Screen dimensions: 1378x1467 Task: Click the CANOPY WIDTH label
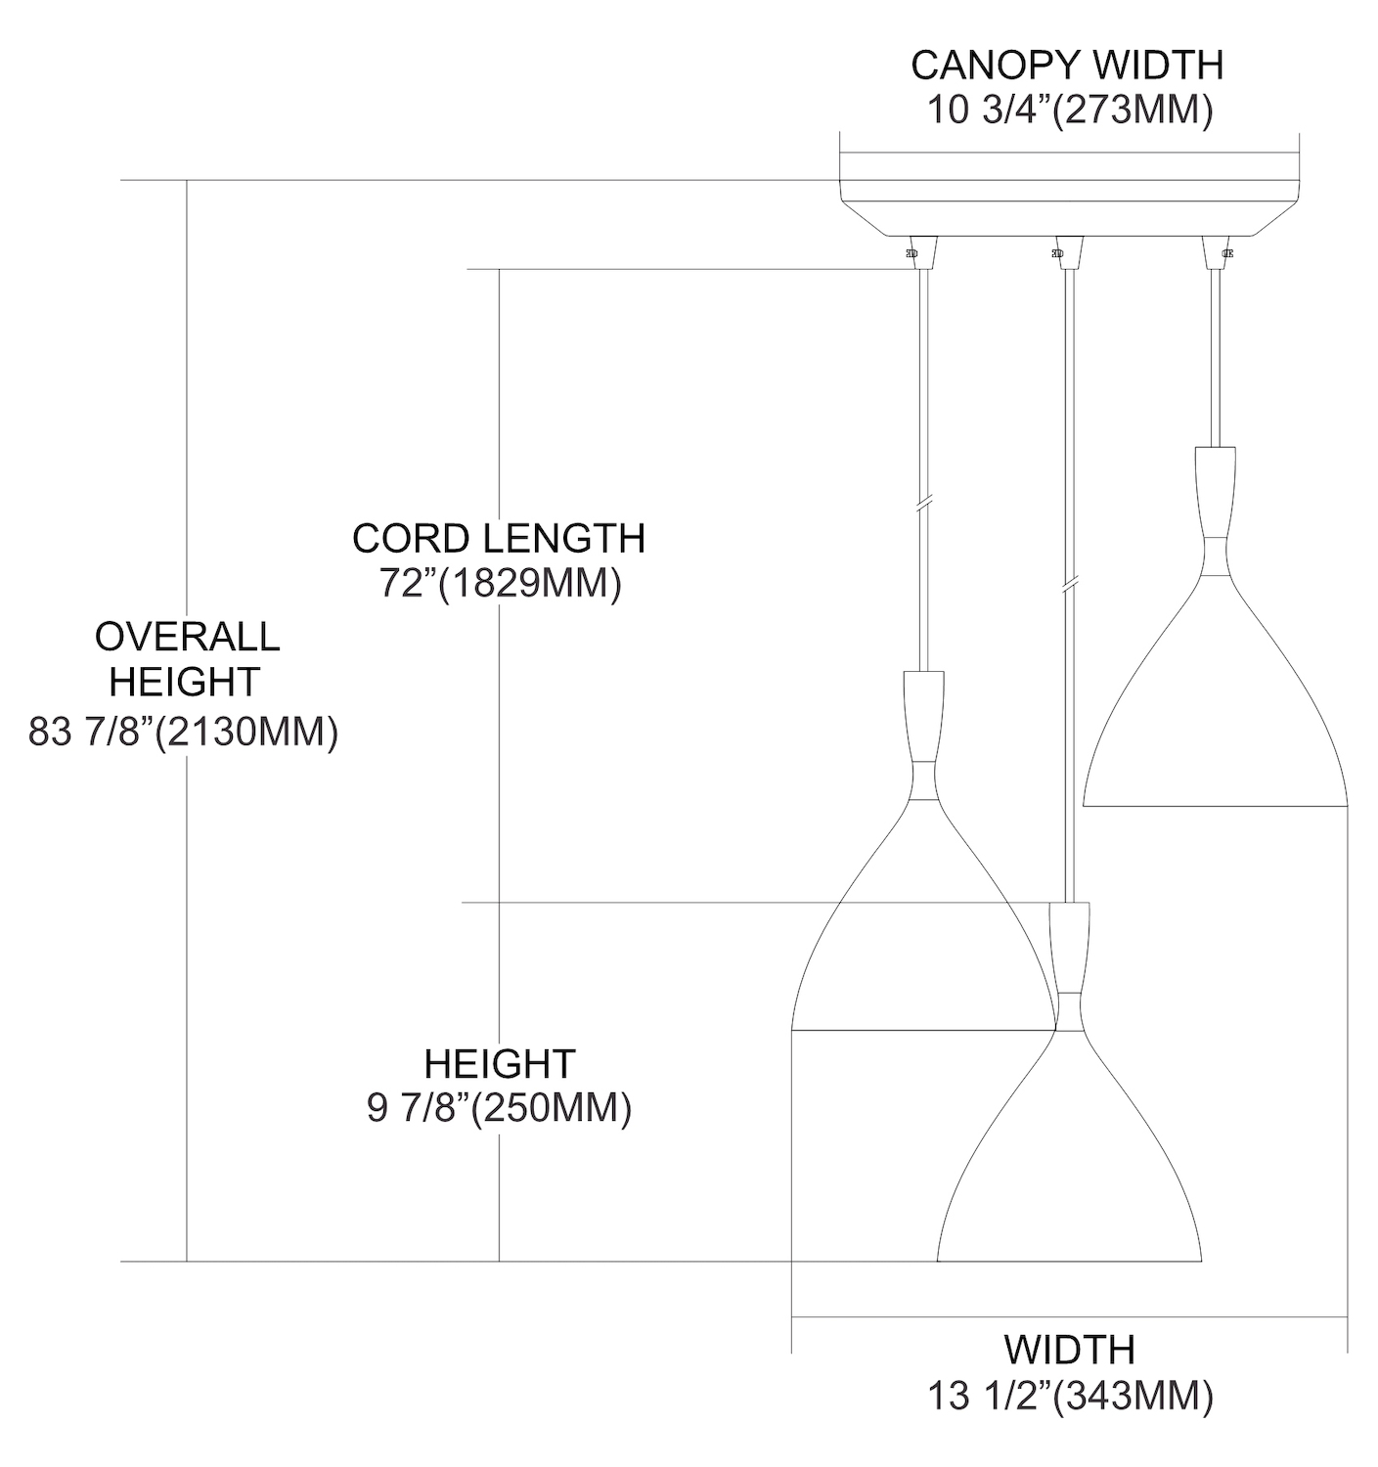(x=1067, y=66)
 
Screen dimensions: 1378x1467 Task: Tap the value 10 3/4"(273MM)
(x=1070, y=111)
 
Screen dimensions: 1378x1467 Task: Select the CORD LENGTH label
(x=499, y=539)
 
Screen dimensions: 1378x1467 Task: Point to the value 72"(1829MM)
(x=500, y=584)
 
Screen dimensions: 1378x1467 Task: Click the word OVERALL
(x=187, y=637)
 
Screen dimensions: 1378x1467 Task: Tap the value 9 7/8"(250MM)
(x=500, y=1109)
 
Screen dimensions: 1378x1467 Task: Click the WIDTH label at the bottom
(x=1069, y=1351)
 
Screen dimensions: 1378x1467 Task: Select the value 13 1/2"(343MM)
(x=1070, y=1397)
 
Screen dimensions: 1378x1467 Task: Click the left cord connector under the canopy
(x=922, y=253)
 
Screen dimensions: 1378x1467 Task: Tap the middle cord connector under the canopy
(x=1068, y=253)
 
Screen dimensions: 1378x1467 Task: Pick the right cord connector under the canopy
(x=1216, y=253)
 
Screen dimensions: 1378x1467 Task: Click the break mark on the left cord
(x=923, y=503)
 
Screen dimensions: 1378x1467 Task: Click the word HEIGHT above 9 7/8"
(x=500, y=1064)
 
